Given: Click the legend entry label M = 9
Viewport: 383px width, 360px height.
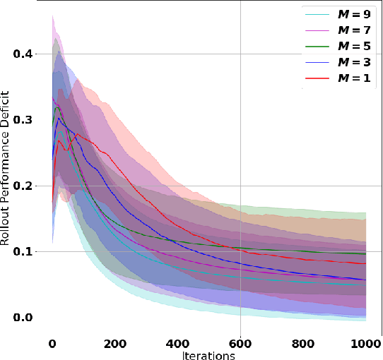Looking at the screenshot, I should [355, 13].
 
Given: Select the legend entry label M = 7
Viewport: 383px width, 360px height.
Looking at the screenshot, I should [355, 30].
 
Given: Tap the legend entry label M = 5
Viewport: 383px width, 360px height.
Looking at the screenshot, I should [355, 46].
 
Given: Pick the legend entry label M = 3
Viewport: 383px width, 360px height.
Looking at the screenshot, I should [355, 62].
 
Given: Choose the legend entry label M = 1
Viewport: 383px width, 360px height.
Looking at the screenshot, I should [355, 78].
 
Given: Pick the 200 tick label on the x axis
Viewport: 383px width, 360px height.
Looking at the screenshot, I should [114, 344].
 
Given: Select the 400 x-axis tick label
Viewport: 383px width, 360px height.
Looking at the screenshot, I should [177, 344].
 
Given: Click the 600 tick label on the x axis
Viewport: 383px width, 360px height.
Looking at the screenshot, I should [240, 344].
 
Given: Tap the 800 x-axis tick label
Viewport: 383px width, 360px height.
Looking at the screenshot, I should [303, 344].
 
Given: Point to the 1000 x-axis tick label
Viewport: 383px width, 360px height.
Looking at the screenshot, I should [365, 344].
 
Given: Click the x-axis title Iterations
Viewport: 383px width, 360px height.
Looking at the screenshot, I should [208, 356].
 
